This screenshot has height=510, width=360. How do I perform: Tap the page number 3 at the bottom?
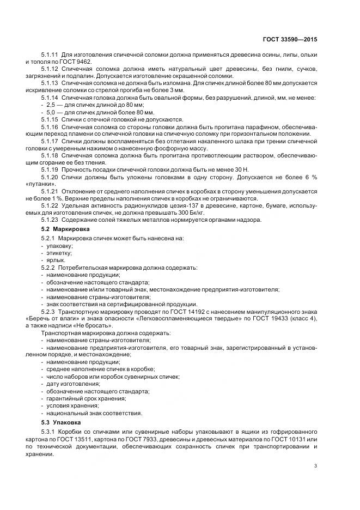(316, 465)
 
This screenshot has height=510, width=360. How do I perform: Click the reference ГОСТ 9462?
(75, 62)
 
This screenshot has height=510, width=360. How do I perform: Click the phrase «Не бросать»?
(81, 324)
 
